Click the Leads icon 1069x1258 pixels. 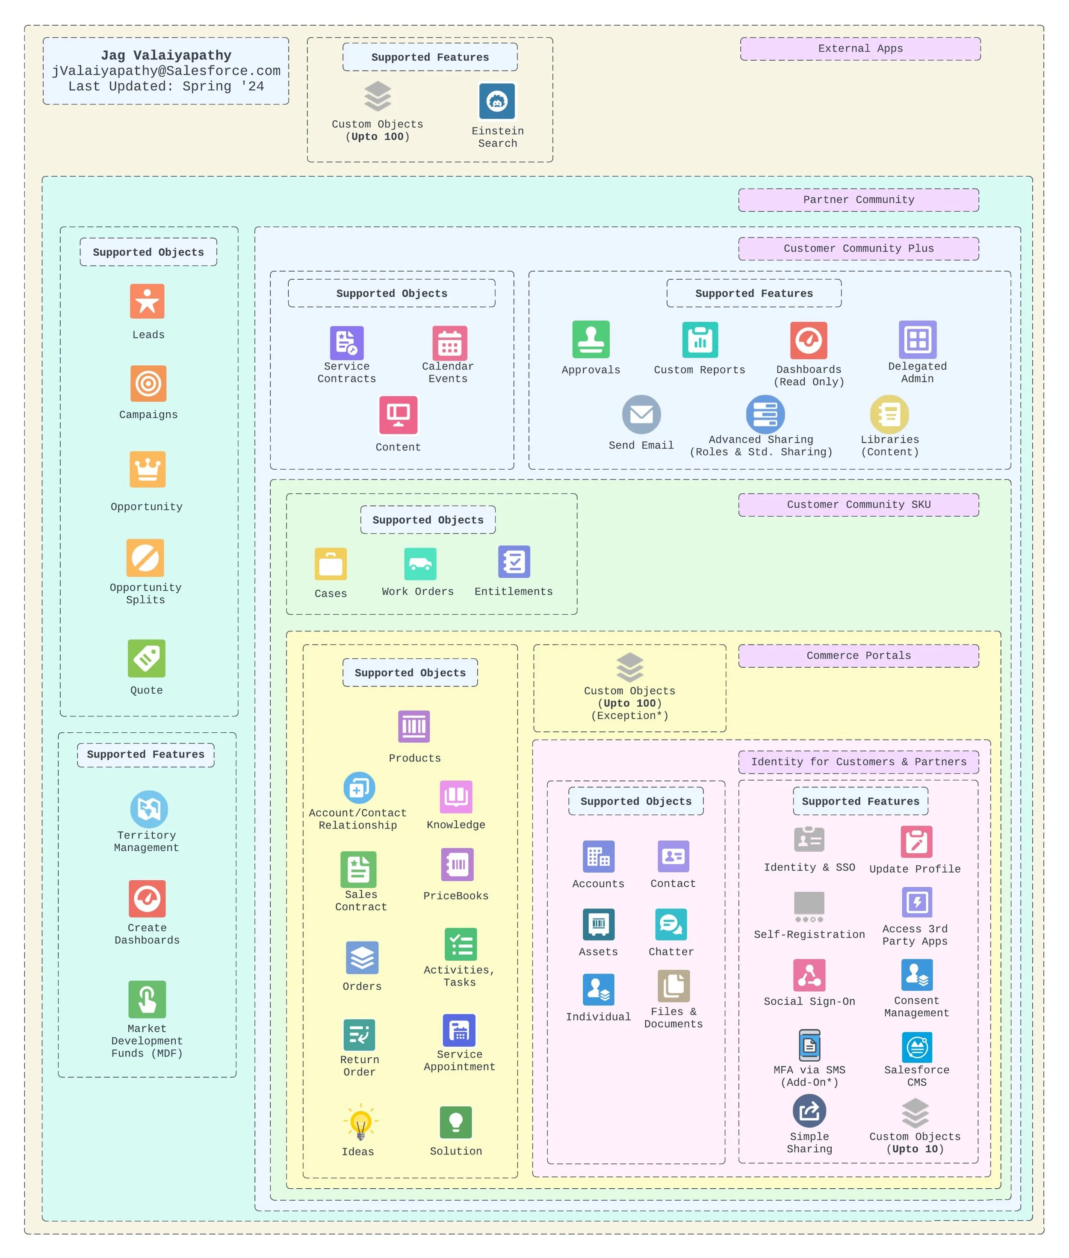(147, 301)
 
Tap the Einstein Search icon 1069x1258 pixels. (497, 101)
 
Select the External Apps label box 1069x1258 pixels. (860, 48)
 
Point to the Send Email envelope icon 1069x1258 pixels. (641, 414)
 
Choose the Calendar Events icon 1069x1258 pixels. (449, 343)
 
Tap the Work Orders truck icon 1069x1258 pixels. (420, 564)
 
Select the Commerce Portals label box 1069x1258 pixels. (858, 655)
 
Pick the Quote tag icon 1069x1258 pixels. (147, 658)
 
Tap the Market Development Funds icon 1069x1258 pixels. (147, 999)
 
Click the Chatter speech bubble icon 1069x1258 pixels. (671, 924)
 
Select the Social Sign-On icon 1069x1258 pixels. (809, 975)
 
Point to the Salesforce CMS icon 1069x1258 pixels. (916, 1047)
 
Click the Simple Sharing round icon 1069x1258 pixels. (809, 1111)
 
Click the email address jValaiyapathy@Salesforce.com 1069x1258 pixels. (166, 71)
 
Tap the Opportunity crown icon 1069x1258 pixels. (147, 469)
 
